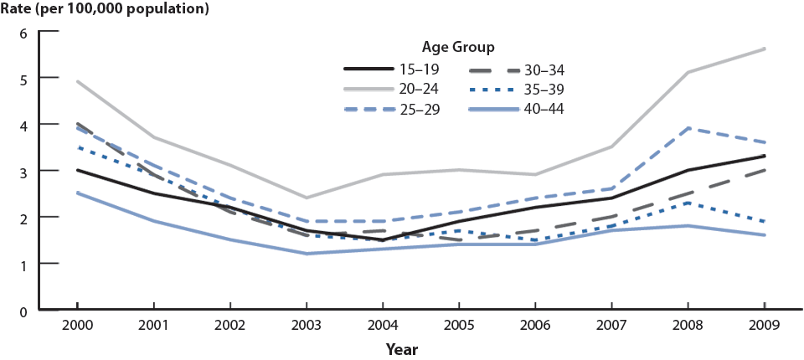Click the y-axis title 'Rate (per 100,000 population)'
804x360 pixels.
click(x=105, y=11)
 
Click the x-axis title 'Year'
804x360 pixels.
click(x=402, y=347)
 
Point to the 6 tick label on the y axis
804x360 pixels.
click(x=23, y=33)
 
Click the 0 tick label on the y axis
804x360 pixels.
click(x=23, y=311)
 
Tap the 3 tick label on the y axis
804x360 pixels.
click(x=23, y=171)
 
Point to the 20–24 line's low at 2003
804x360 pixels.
click(x=307, y=198)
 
